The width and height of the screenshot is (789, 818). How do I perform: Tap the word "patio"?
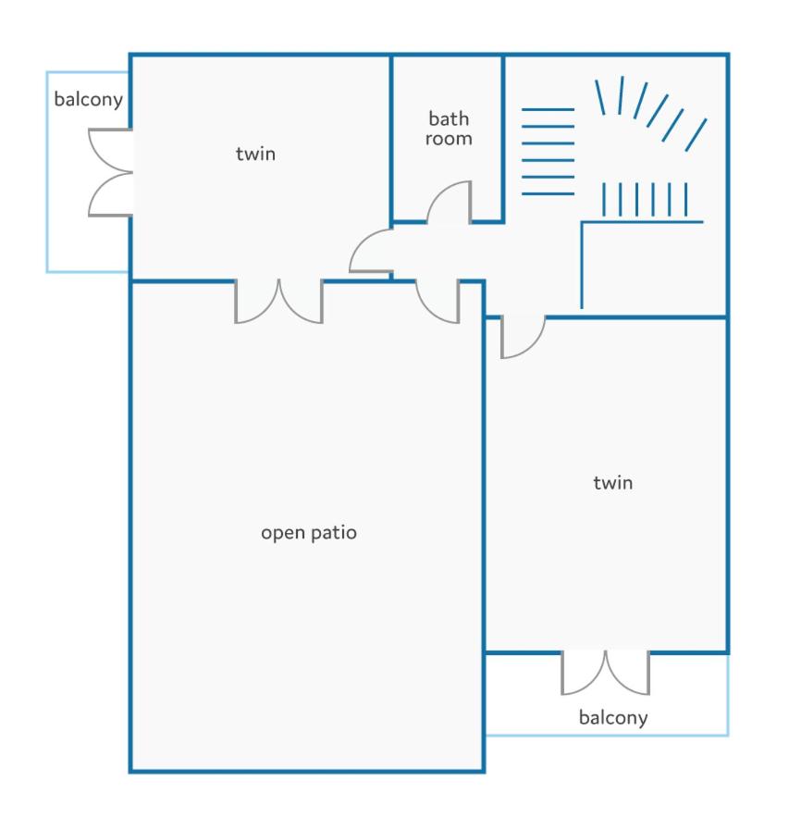pyautogui.click(x=333, y=532)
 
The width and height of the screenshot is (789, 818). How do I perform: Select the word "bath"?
pyautogui.click(x=449, y=119)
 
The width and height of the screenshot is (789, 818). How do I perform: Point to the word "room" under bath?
pyautogui.click(x=449, y=139)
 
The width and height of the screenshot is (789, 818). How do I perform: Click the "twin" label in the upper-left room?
pyautogui.click(x=255, y=154)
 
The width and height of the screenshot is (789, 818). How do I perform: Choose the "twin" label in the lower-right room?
pyautogui.click(x=613, y=482)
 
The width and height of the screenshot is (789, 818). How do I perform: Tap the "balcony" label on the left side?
pyautogui.click(x=89, y=99)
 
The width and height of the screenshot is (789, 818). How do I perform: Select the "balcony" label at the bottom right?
pyautogui.click(x=613, y=718)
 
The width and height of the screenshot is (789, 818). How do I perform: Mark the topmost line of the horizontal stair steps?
pyautogui.click(x=549, y=109)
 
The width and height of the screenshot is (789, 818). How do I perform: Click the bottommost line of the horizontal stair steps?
pyautogui.click(x=549, y=194)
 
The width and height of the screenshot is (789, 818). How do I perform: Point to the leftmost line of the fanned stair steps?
pyautogui.click(x=600, y=97)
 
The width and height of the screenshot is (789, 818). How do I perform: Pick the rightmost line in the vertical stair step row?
pyautogui.click(x=685, y=199)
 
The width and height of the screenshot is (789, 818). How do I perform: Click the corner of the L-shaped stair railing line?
pyautogui.click(x=582, y=222)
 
